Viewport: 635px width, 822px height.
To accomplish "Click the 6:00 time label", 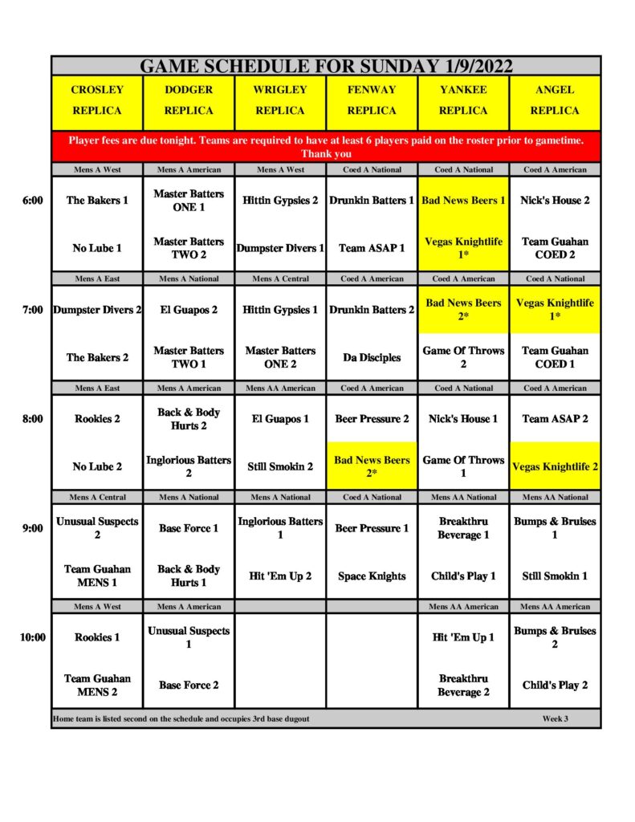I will pyautogui.click(x=32, y=201).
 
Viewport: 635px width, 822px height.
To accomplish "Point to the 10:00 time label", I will pyautogui.click(x=32, y=637).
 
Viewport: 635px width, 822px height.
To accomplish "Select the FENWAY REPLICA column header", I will pyautogui.click(x=372, y=100).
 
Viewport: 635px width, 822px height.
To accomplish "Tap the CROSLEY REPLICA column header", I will pyautogui.click(x=96, y=100).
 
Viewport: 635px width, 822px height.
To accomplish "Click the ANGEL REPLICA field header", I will pyautogui.click(x=555, y=100).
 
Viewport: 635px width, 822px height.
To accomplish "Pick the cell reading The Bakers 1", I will pyautogui.click(x=97, y=201).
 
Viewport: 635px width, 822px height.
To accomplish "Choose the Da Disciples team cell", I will pyautogui.click(x=372, y=357).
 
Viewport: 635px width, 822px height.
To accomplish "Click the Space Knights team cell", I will pyautogui.click(x=372, y=576).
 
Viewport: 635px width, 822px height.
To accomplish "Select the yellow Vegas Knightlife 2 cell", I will pyautogui.click(x=555, y=466).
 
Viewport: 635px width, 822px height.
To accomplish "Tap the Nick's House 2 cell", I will pyautogui.click(x=555, y=201).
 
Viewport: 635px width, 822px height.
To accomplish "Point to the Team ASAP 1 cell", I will pyautogui.click(x=372, y=248).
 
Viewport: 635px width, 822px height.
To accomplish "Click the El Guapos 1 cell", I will pyautogui.click(x=280, y=419).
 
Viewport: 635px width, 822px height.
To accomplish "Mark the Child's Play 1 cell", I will pyautogui.click(x=463, y=576).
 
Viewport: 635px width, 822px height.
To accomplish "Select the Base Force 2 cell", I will pyautogui.click(x=189, y=685).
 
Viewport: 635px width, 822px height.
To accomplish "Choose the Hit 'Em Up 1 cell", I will pyautogui.click(x=463, y=637).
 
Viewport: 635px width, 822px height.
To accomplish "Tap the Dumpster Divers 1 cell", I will pyautogui.click(x=280, y=248).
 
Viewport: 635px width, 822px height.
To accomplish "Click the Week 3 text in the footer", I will pyautogui.click(x=555, y=718).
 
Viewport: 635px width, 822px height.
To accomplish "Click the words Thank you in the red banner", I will pyautogui.click(x=326, y=154).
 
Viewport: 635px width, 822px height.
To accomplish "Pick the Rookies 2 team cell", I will pyautogui.click(x=97, y=419).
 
